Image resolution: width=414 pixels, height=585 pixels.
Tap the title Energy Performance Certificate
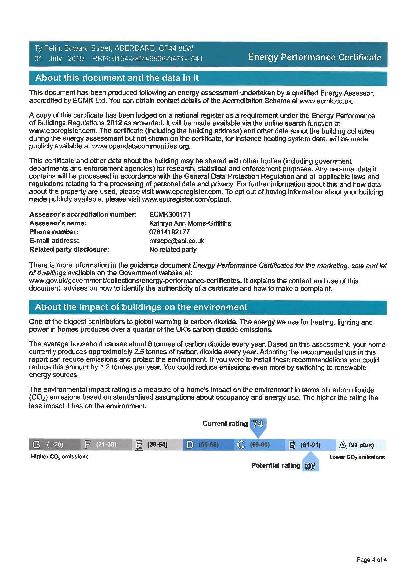point(315,57)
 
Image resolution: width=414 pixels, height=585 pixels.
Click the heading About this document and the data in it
point(117,78)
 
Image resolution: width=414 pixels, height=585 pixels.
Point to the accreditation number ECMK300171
point(170,214)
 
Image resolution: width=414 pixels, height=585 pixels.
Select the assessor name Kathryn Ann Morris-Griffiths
point(190,223)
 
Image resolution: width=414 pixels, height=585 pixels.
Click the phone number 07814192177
point(169,232)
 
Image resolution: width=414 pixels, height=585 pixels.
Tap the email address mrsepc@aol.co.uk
point(177,241)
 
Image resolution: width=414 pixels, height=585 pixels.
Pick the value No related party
point(173,250)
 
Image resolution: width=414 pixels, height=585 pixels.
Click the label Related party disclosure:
point(69,250)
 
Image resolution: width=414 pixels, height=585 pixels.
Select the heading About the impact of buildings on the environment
point(141,307)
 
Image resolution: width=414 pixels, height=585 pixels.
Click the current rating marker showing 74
point(258,424)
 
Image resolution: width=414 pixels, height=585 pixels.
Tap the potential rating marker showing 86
point(310,466)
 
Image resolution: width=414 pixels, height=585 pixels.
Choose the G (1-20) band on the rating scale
point(55,445)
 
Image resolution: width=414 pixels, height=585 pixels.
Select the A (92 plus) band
point(361,445)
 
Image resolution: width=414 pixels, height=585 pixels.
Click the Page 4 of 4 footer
point(371,560)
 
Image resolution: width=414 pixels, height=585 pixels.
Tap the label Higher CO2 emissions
point(60,457)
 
